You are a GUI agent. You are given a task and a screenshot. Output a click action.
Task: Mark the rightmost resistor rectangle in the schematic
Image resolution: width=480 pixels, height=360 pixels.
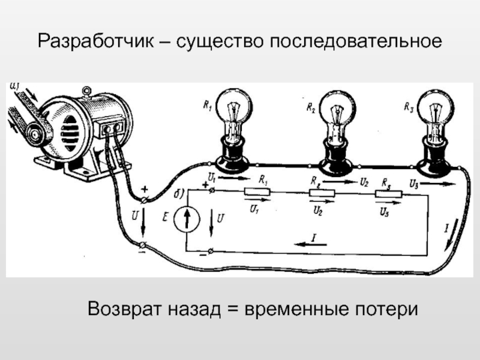pyautogui.click(x=386, y=193)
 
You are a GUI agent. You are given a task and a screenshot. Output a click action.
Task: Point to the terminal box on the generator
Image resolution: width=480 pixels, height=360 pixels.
pyautogui.click(x=112, y=128)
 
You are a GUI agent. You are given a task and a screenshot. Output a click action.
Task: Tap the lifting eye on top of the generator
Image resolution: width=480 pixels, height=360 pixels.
pyautogui.click(x=88, y=91)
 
